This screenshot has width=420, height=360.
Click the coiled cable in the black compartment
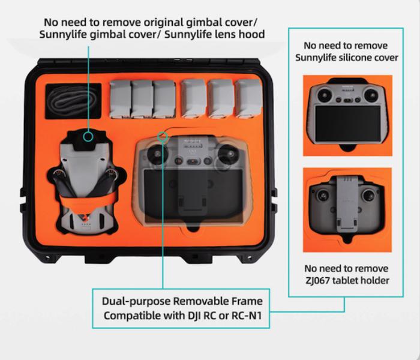point(73,100)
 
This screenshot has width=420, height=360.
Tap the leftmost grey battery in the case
point(120,100)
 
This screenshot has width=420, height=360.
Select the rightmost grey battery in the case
point(248,98)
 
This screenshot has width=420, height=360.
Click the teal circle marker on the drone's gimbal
point(88,137)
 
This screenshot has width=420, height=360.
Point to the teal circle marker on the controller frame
point(163,137)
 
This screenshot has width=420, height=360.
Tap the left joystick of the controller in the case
point(157,154)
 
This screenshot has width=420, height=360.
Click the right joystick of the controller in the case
point(227,154)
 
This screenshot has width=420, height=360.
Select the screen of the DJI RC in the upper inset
point(347,124)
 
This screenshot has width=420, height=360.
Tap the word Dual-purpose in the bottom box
point(136,301)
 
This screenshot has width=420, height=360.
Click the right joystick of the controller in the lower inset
point(368,195)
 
